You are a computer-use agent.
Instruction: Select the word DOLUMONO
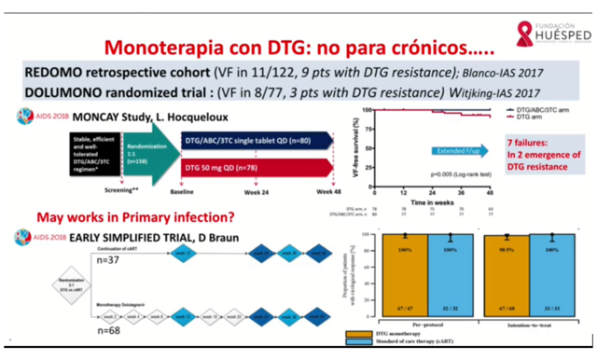(64, 95)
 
